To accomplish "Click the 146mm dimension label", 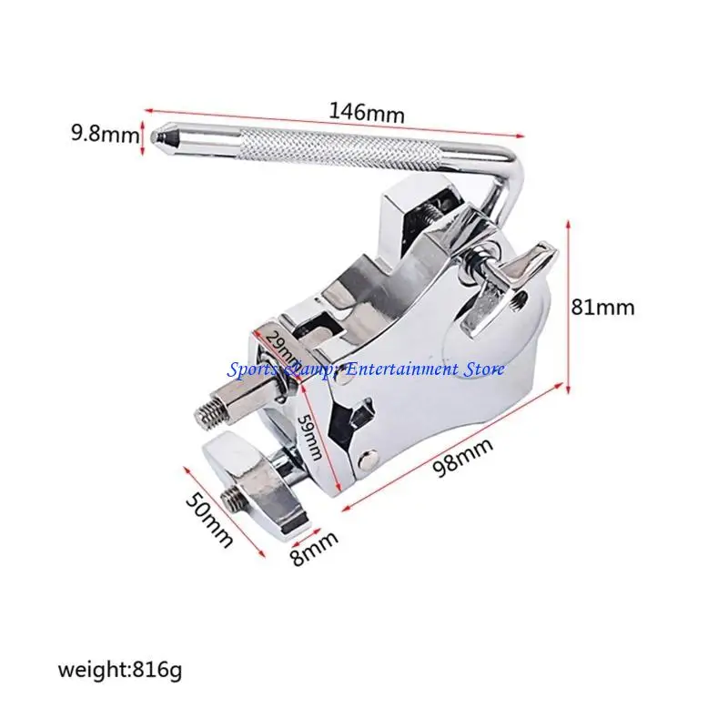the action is (x=367, y=113).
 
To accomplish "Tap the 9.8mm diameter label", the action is (x=105, y=134).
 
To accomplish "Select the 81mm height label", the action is (x=602, y=308).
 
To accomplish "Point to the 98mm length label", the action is (x=462, y=458).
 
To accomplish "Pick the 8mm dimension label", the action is (x=315, y=548).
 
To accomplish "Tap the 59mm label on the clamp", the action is (x=309, y=437).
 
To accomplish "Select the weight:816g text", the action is (x=120, y=670).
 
